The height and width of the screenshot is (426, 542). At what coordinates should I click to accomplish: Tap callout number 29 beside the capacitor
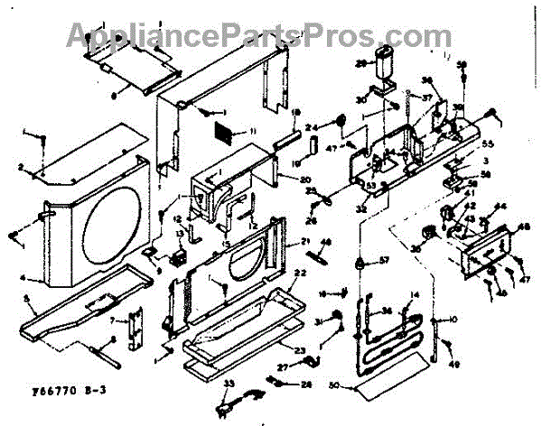click(x=360, y=64)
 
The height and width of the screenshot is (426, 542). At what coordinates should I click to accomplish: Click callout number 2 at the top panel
click(x=20, y=167)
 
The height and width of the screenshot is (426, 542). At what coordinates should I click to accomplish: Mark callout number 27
click(x=283, y=367)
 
